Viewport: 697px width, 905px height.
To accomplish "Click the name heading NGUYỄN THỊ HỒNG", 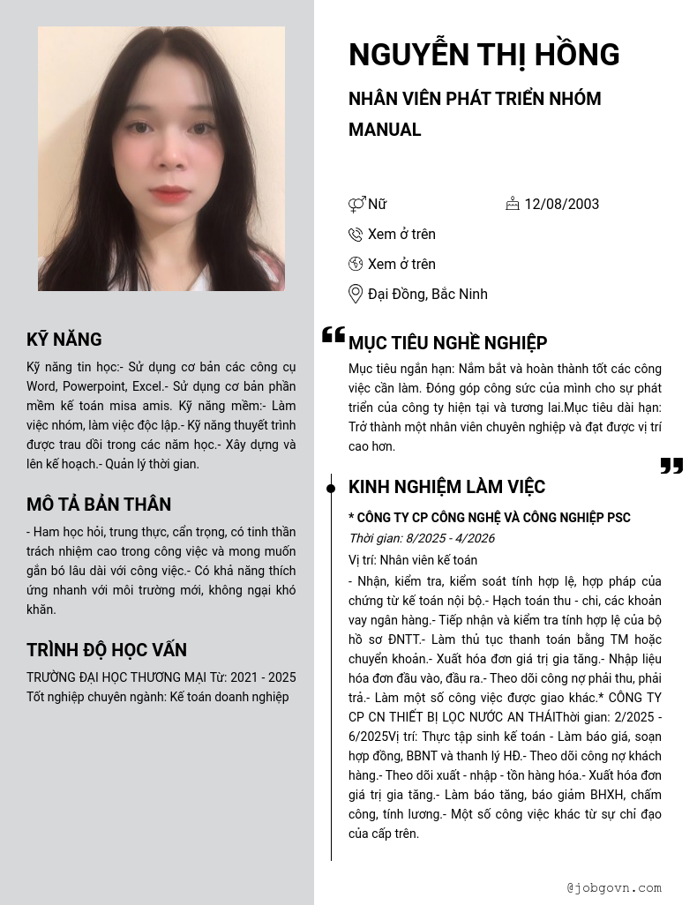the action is [483, 55].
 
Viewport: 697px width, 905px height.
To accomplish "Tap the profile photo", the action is [161, 159].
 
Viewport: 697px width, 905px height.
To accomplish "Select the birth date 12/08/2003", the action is [561, 204].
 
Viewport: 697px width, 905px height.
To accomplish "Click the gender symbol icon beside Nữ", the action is [356, 205].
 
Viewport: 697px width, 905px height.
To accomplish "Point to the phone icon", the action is [356, 235].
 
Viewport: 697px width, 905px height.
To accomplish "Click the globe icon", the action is [356, 264].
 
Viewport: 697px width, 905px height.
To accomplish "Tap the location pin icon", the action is [356, 294].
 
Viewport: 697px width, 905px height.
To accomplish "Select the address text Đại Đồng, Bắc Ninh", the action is [427, 294].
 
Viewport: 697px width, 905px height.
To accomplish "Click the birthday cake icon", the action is [513, 204].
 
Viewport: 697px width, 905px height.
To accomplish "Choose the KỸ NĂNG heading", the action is [64, 340].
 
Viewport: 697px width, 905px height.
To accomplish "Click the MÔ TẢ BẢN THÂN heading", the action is [99, 505].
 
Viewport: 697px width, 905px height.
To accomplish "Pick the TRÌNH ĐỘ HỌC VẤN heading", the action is [107, 650].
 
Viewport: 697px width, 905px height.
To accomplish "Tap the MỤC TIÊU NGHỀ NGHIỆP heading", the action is [447, 343].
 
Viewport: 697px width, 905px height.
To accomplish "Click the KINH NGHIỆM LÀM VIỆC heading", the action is [446, 487].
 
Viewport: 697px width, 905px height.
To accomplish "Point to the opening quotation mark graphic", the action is [333, 334].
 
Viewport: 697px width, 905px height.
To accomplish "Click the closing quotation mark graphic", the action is [671, 465].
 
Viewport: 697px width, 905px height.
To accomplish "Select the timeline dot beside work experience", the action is [331, 488].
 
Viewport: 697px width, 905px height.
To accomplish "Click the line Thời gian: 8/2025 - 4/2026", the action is [422, 538].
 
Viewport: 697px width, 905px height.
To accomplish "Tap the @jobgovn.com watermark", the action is [614, 887].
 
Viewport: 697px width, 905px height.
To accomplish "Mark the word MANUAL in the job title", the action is [385, 130].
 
